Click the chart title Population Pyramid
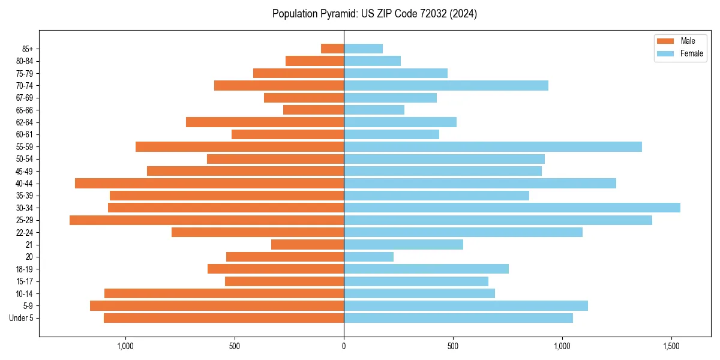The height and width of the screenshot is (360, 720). [374, 14]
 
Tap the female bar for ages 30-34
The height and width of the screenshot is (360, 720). [512, 208]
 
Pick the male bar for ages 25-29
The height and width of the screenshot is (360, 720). [206, 220]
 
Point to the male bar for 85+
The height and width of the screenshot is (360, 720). [332, 49]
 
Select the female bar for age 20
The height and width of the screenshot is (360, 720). [368, 257]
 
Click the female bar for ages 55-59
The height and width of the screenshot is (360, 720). [493, 146]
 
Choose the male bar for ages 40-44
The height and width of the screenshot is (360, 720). [209, 183]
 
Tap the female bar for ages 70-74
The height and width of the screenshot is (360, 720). [446, 85]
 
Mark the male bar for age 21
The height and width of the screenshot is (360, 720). [307, 245]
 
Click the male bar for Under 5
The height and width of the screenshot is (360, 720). [224, 318]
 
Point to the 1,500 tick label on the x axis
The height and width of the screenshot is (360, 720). [671, 346]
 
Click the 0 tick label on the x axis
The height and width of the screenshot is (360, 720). [344, 346]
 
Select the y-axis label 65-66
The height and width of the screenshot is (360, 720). [25, 110]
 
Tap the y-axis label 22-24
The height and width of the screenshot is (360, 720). [25, 233]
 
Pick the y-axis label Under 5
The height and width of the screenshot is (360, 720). [22, 318]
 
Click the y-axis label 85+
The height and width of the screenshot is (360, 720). [28, 49]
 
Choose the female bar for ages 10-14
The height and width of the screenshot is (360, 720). [419, 293]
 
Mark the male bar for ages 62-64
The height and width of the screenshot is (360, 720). [265, 122]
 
